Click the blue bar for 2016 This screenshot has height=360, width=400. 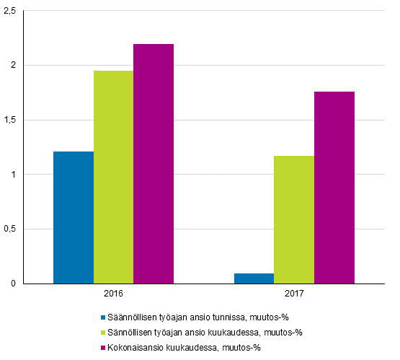[x=73, y=217]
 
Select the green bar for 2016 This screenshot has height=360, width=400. [x=113, y=177]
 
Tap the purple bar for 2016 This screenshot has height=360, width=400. [x=154, y=164]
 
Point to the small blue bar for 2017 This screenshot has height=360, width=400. [x=254, y=278]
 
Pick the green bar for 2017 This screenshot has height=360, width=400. [x=294, y=219]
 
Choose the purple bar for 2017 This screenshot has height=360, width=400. [x=334, y=188]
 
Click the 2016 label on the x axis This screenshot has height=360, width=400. [x=113, y=294]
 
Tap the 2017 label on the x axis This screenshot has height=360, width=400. [x=294, y=294]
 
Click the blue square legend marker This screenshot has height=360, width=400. [x=103, y=317]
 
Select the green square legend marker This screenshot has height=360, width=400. [x=103, y=333]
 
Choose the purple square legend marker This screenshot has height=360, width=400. [x=103, y=348]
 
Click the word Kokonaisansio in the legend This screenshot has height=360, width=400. [x=133, y=348]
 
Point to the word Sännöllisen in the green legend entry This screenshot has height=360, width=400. [x=130, y=333]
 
